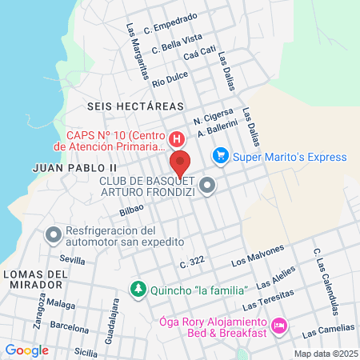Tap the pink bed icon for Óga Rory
click(x=279, y=326)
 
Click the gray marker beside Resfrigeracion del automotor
click(x=54, y=235)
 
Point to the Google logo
click(x=27, y=350)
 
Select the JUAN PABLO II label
click(x=75, y=167)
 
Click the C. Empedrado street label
click(x=170, y=22)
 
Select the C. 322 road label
click(x=193, y=261)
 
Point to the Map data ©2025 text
click(x=326, y=353)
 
